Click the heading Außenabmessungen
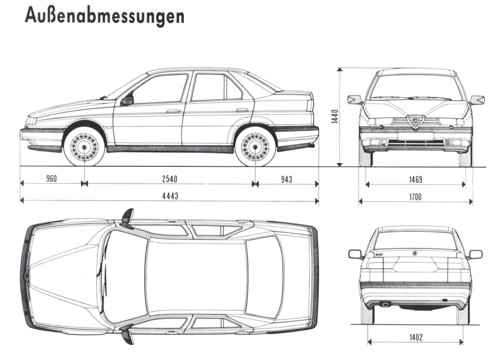click(104, 16)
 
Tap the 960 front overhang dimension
click(51, 178)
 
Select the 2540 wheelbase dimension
click(169, 179)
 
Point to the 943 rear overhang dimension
click(287, 179)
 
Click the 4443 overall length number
click(170, 196)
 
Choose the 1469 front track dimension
click(415, 180)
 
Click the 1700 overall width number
click(415, 197)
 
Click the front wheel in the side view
click(84, 147)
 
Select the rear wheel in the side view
click(255, 147)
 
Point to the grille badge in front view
click(415, 121)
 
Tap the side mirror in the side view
click(127, 100)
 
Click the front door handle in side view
click(173, 111)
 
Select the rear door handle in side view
click(242, 110)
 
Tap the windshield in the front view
click(416, 87)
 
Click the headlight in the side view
click(31, 121)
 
